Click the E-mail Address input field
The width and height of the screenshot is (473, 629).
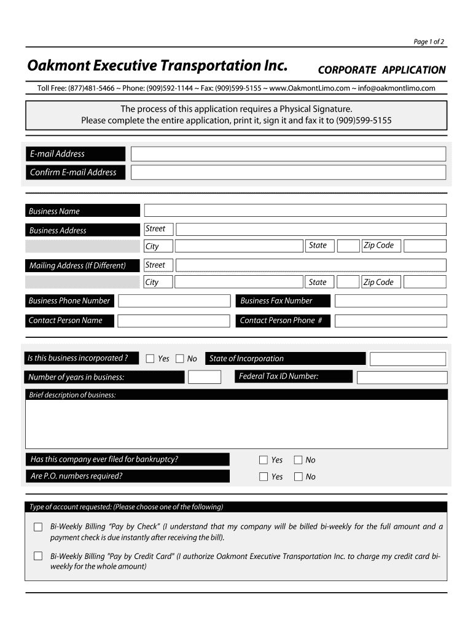288,154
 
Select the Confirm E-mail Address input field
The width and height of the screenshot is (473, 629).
288,173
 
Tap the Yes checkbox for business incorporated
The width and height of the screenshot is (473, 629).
150,359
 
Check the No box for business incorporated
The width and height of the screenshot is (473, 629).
180,359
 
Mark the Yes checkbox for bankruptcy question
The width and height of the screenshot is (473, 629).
264,460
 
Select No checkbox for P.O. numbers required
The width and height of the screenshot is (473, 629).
299,477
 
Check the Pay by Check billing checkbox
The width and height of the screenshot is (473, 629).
38,527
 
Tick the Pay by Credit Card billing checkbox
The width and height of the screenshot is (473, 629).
38,557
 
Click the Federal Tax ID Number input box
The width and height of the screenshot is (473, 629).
402,377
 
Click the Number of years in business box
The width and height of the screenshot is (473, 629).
205,377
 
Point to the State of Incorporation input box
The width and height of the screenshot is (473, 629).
408,359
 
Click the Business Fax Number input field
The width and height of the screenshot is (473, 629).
391,301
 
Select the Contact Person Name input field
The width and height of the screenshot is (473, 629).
174,321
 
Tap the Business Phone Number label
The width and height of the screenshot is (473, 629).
69,301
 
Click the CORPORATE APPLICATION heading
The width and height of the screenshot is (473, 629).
381,70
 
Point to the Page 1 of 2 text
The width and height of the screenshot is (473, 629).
429,42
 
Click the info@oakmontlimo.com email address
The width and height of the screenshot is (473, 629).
397,88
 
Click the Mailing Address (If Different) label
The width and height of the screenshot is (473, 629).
77,265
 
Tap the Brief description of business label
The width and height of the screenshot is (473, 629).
72,395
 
